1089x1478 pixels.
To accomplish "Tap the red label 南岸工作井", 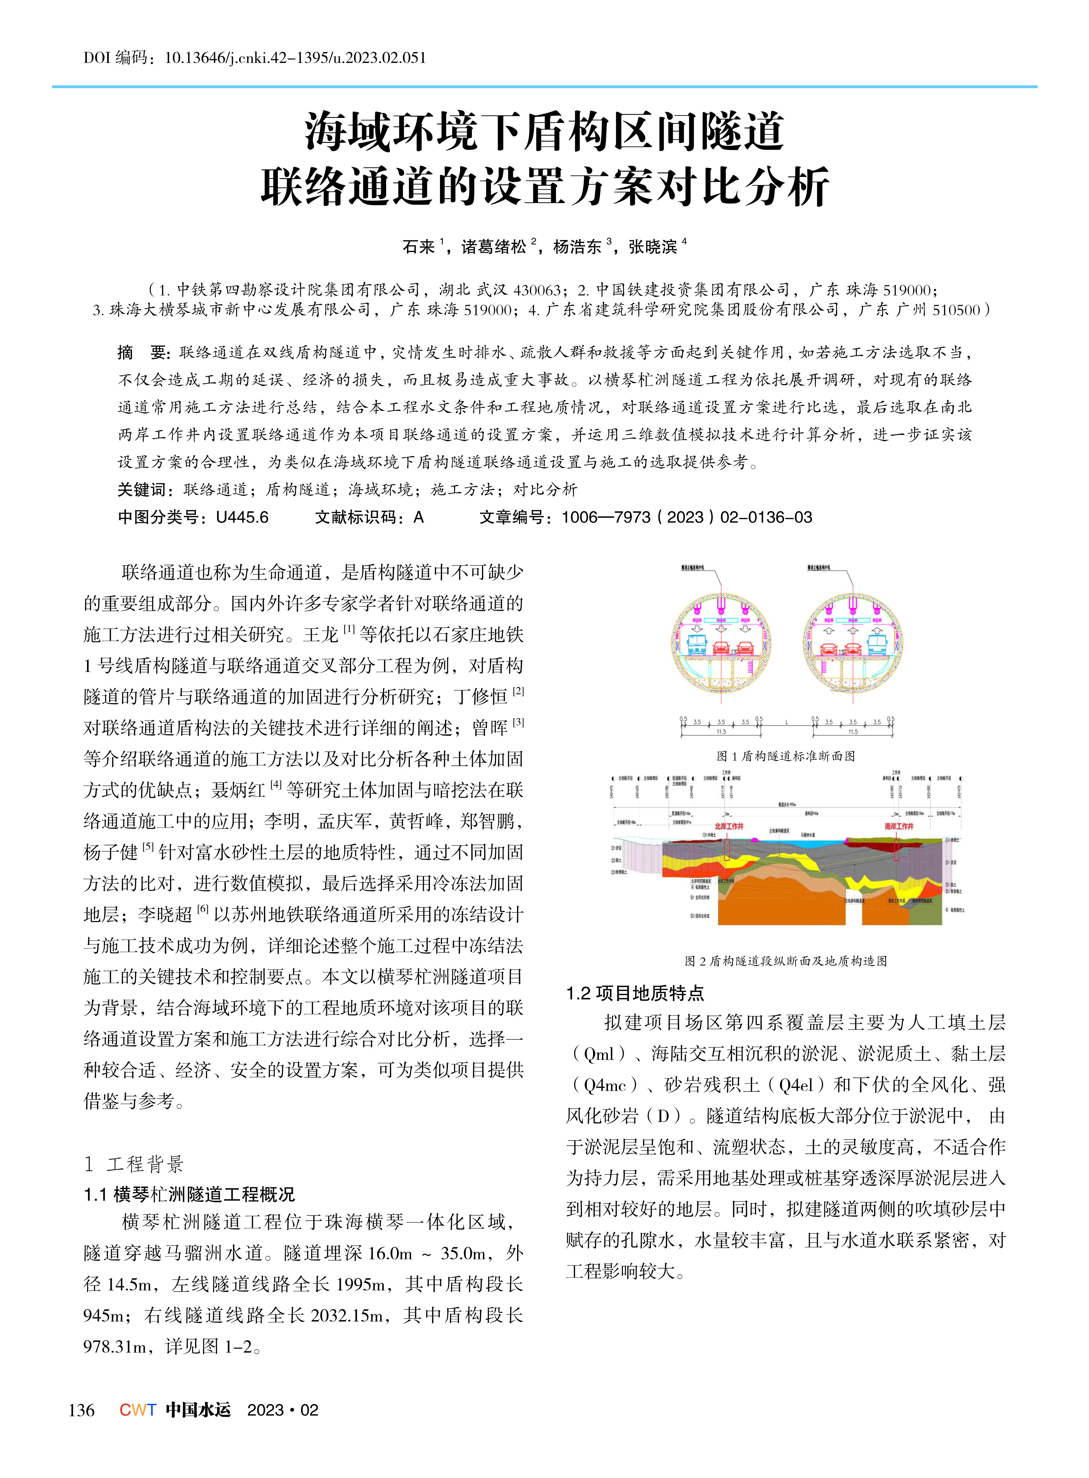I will (899, 826).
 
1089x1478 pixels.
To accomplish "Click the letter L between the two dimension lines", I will (787, 723).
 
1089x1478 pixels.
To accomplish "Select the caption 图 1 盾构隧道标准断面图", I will (786, 756).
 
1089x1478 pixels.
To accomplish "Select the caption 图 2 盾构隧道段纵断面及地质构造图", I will (786, 961).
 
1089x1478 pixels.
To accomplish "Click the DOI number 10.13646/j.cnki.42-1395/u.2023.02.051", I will (295, 58).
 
